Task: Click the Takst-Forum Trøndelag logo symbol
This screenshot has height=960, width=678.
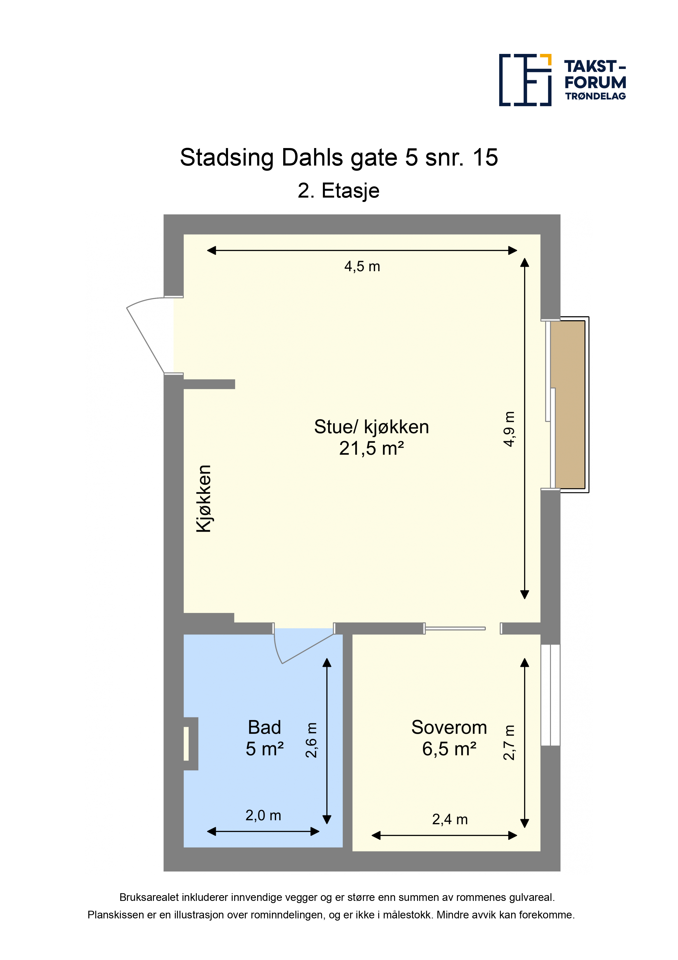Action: [525, 80]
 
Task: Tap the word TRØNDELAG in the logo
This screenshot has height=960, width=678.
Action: [595, 96]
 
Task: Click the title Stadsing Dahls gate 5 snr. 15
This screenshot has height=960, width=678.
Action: [339, 158]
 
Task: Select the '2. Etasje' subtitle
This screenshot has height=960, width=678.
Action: [338, 191]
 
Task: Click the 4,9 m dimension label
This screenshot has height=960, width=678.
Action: [509, 429]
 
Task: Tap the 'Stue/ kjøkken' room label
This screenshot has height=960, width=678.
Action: [371, 427]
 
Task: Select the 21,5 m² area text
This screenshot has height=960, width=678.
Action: [371, 448]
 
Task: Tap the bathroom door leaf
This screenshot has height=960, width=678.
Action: [308, 649]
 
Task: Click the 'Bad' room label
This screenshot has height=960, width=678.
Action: [264, 728]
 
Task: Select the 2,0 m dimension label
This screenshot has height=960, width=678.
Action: [263, 815]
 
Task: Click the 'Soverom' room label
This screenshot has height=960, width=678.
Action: [449, 728]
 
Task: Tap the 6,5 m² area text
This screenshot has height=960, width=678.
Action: [449, 749]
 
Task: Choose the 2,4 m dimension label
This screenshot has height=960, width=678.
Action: [450, 820]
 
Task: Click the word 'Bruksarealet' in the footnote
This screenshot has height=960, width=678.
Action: [150, 897]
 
